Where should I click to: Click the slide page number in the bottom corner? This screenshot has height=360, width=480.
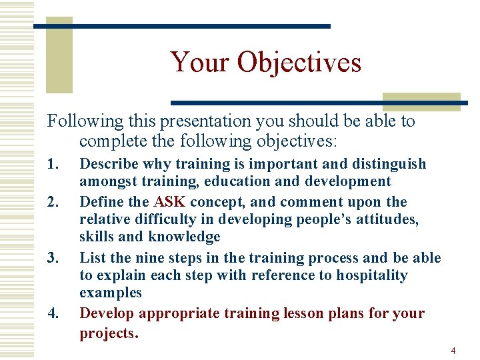click(453, 350)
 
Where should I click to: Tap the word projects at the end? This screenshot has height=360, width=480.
click(107, 333)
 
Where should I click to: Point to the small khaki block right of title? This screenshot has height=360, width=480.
click(421, 101)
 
